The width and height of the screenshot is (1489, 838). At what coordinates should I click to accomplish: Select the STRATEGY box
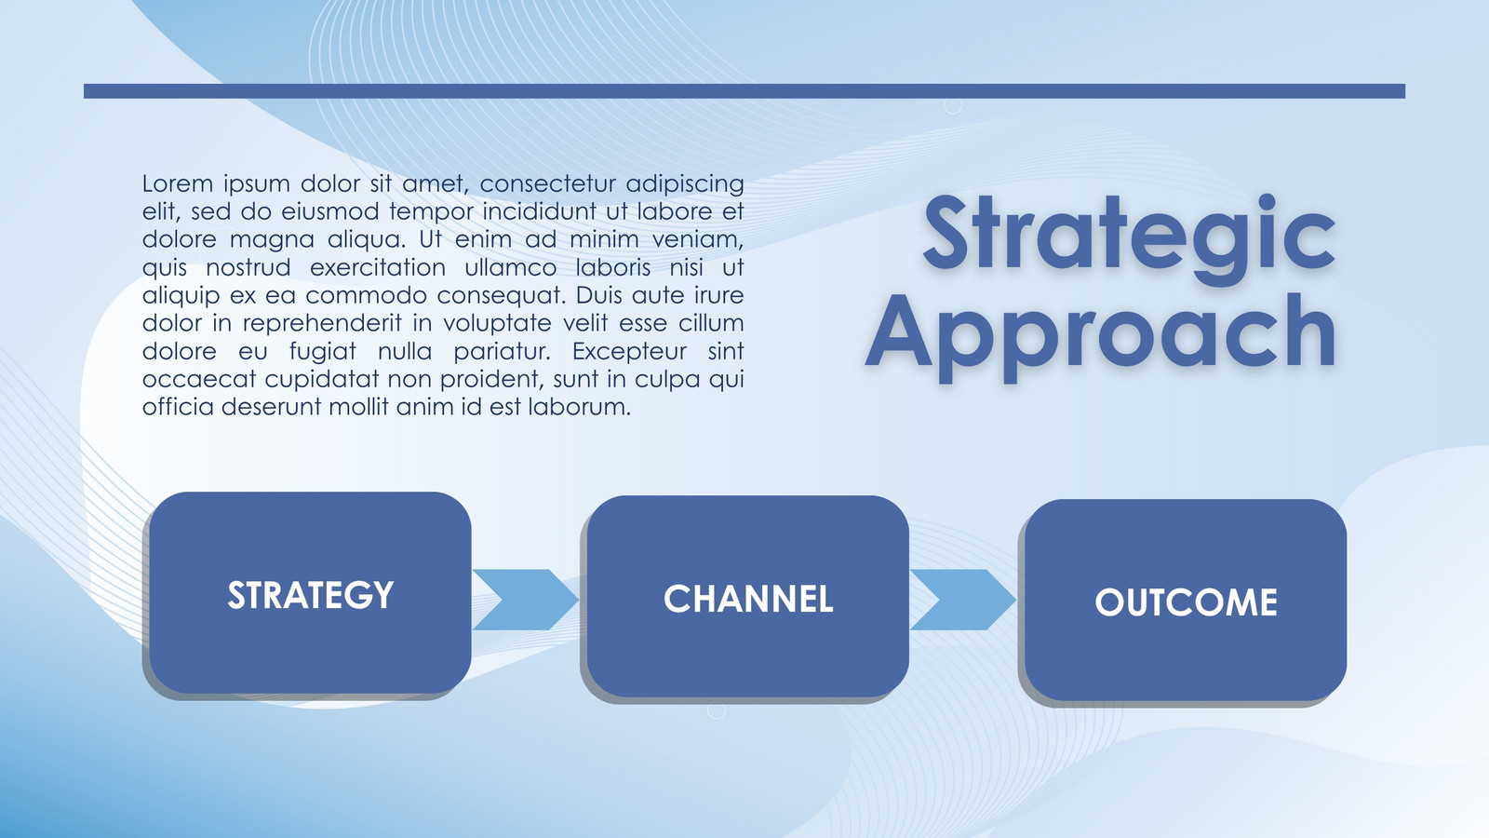point(311,592)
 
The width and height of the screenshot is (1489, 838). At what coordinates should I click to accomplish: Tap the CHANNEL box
point(748,597)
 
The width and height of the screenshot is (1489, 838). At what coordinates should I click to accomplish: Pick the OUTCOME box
point(1186,600)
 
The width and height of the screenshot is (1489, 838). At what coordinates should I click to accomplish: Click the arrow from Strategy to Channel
point(525,600)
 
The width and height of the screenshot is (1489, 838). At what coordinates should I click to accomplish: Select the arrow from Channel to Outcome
point(962,600)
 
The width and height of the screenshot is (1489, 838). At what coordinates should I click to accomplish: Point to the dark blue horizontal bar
point(744,91)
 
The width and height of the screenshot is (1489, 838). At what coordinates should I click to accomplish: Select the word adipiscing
point(685,184)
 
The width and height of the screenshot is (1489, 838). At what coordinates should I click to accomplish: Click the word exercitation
point(378,267)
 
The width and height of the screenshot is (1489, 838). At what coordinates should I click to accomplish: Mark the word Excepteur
point(629,352)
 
